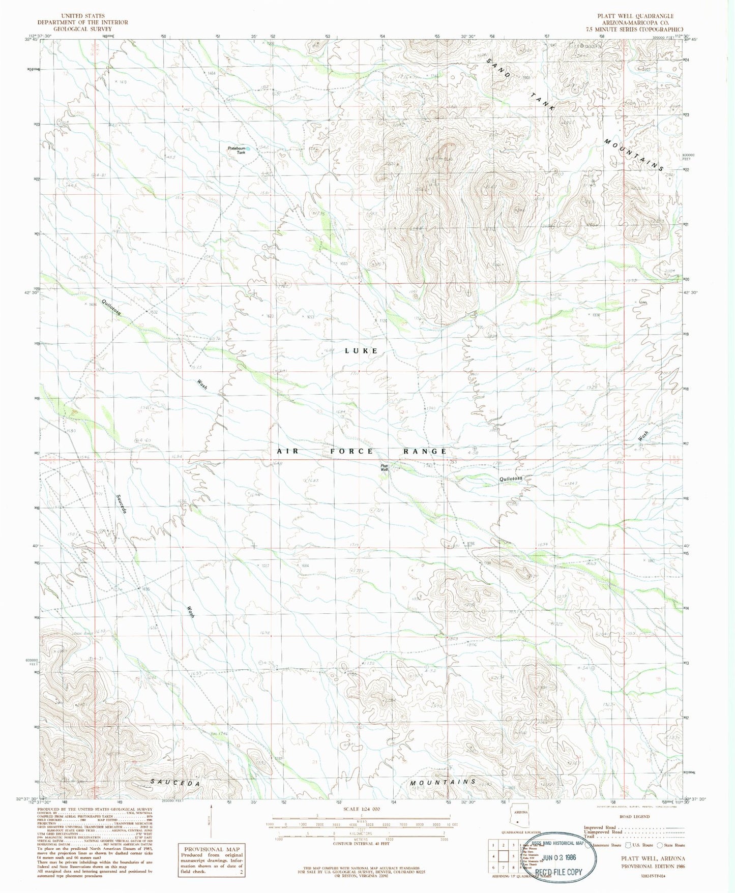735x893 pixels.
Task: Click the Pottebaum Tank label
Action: coord(237,150)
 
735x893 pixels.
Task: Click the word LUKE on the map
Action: coord(361,351)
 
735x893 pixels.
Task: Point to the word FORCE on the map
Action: coord(352,451)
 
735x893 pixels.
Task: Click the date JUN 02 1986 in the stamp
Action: coord(559,857)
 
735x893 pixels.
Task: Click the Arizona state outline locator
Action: coord(518,819)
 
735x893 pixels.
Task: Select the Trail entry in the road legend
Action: coord(590,837)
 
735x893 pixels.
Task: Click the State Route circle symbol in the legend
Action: coord(660,845)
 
